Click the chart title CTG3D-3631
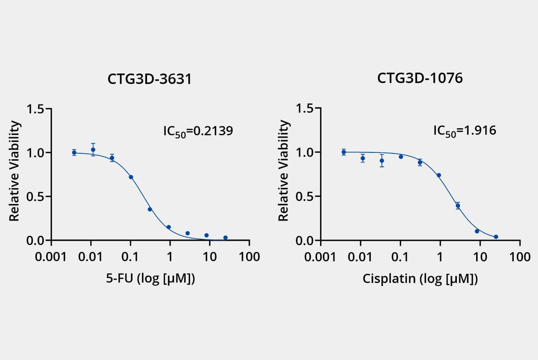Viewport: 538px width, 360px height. [x=149, y=79]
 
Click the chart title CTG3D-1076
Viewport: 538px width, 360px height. [x=420, y=78]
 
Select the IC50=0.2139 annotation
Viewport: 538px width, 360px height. [x=198, y=131]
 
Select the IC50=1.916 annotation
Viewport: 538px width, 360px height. [x=464, y=131]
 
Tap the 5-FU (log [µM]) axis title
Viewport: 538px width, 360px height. [x=150, y=278]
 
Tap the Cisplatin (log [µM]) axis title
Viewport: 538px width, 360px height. [x=420, y=279]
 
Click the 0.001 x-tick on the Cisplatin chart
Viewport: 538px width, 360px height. [x=321, y=257]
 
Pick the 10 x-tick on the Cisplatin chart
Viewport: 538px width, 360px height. [x=480, y=257]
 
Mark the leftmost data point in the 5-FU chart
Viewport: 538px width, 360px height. [x=74, y=152]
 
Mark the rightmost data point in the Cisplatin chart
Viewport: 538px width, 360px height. [x=496, y=237]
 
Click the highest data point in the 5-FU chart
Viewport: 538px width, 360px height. [x=93, y=150]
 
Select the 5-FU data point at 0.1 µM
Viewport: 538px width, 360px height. [x=131, y=177]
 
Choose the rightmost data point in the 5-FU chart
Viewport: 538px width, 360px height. [x=225, y=238]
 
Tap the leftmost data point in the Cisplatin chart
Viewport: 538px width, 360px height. [x=344, y=152]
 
